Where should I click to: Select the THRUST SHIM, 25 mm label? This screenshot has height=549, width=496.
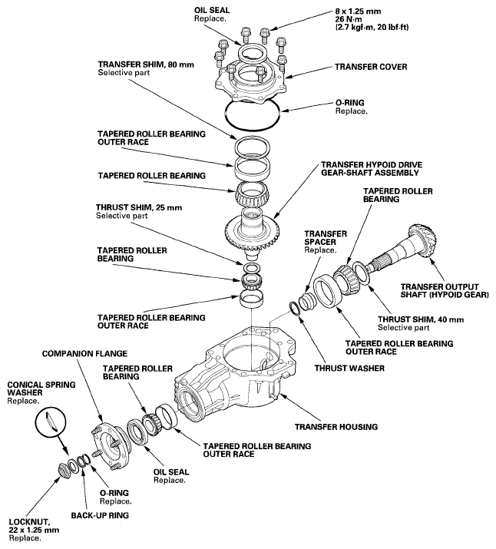click(x=135, y=207)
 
